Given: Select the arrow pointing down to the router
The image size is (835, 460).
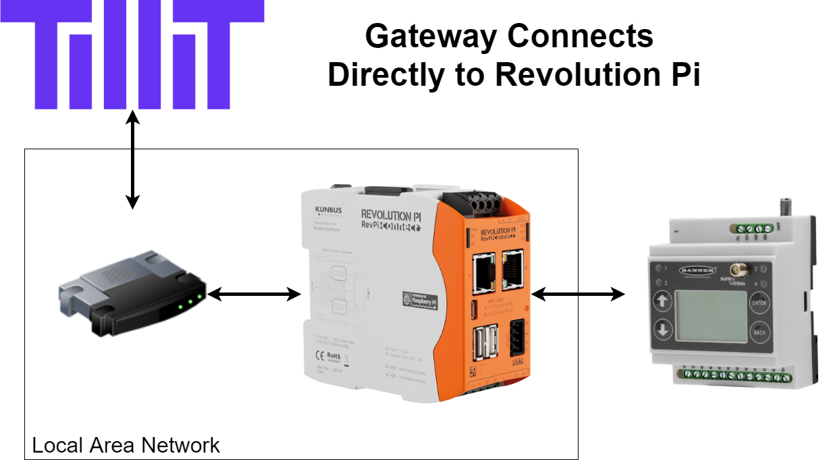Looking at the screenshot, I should [133, 179].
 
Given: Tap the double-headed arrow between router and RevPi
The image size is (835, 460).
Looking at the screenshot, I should [254, 294].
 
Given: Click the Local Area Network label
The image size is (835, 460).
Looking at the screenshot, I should [126, 445].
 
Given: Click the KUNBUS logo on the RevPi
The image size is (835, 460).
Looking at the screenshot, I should [328, 211].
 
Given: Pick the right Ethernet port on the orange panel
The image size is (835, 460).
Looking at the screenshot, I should [512, 267].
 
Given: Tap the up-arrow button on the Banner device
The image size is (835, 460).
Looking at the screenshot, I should [662, 301].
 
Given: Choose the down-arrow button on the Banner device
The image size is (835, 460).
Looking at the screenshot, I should [662, 330].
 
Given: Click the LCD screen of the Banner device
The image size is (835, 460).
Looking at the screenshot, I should [711, 317].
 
